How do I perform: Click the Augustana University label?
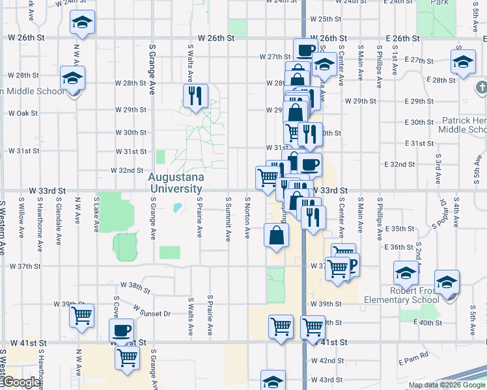point(176,183)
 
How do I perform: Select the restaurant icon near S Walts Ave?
point(195,96)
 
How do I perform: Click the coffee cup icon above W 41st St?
point(121,330)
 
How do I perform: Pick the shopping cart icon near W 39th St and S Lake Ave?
point(82,316)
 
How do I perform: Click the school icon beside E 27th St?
point(462,63)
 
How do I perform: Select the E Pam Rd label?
point(415,355)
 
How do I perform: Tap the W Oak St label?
point(22,113)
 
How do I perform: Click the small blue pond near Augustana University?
point(176,209)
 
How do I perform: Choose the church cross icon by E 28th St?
point(481,86)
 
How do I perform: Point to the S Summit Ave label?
point(228,217)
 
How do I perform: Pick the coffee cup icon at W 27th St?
point(305,50)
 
